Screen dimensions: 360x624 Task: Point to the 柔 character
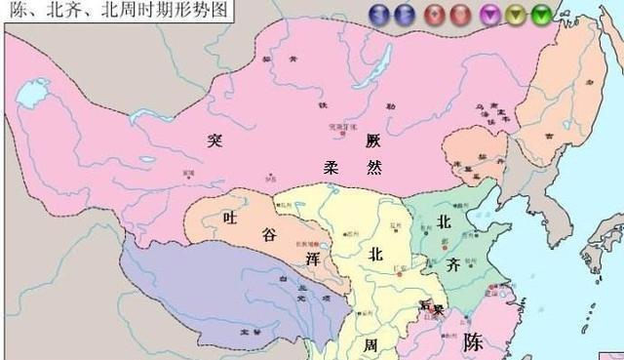click(x=331, y=167)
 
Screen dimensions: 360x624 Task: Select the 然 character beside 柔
click(x=373, y=167)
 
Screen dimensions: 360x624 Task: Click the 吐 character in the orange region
click(x=230, y=217)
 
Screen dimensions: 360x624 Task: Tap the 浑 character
click(x=312, y=260)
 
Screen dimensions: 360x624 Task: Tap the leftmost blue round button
click(x=378, y=13)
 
